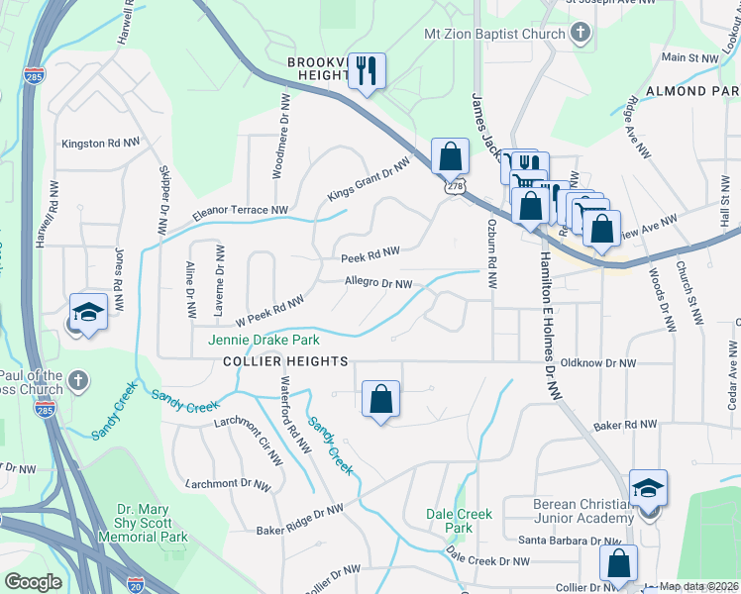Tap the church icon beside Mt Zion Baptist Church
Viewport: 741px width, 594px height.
coord(582,34)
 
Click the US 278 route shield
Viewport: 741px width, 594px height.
coord(454,186)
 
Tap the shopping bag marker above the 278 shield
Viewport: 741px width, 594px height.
coord(450,156)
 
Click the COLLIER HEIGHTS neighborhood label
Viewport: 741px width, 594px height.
coord(285,362)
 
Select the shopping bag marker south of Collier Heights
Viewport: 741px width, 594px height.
coord(381,400)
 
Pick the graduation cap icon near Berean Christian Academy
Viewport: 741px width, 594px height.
coord(648,489)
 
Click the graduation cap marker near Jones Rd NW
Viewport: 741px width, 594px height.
coord(87,311)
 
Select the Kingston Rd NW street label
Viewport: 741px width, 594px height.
coord(101,144)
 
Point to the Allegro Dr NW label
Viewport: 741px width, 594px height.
coord(377,283)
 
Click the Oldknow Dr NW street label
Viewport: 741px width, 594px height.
coord(594,362)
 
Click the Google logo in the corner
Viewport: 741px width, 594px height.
coord(33,582)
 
